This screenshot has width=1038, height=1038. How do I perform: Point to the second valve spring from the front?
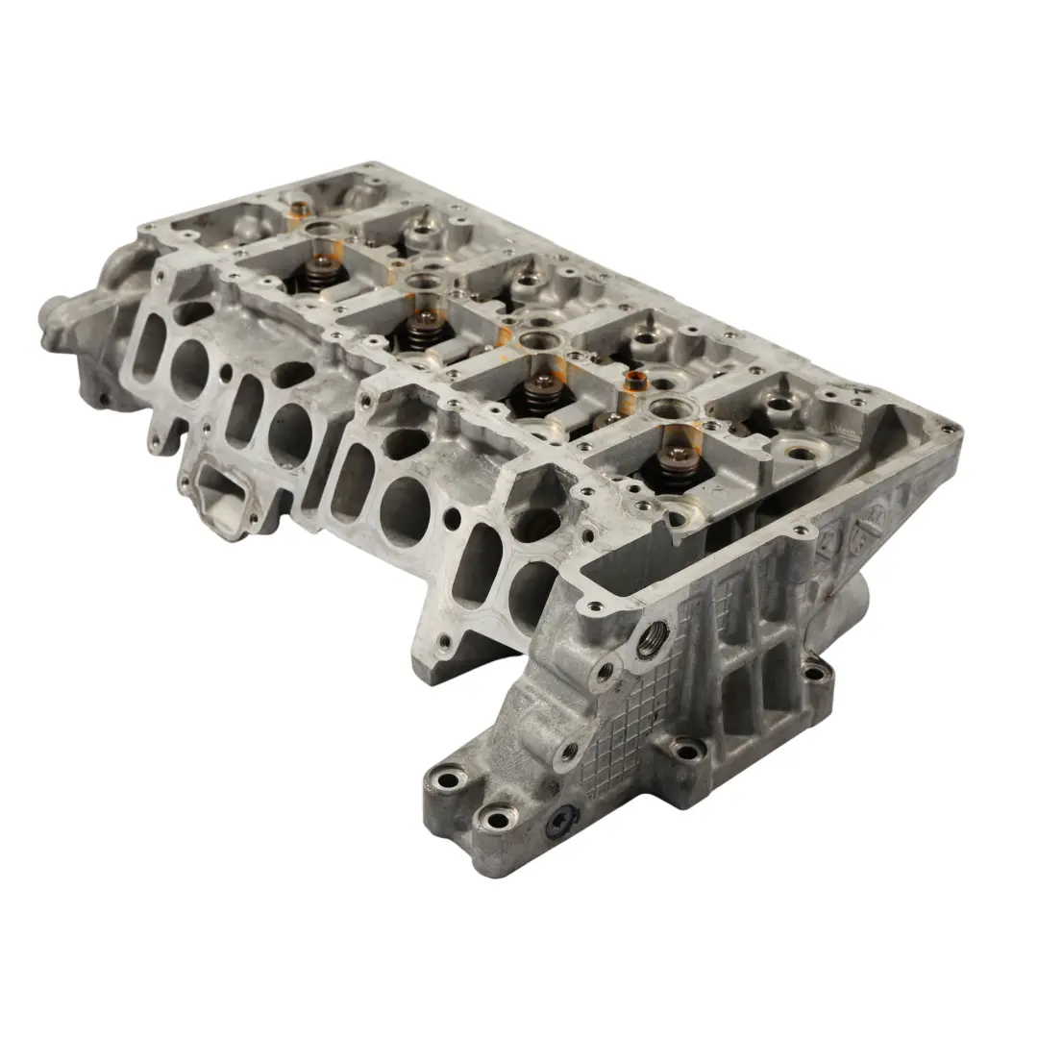coord(538,393)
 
